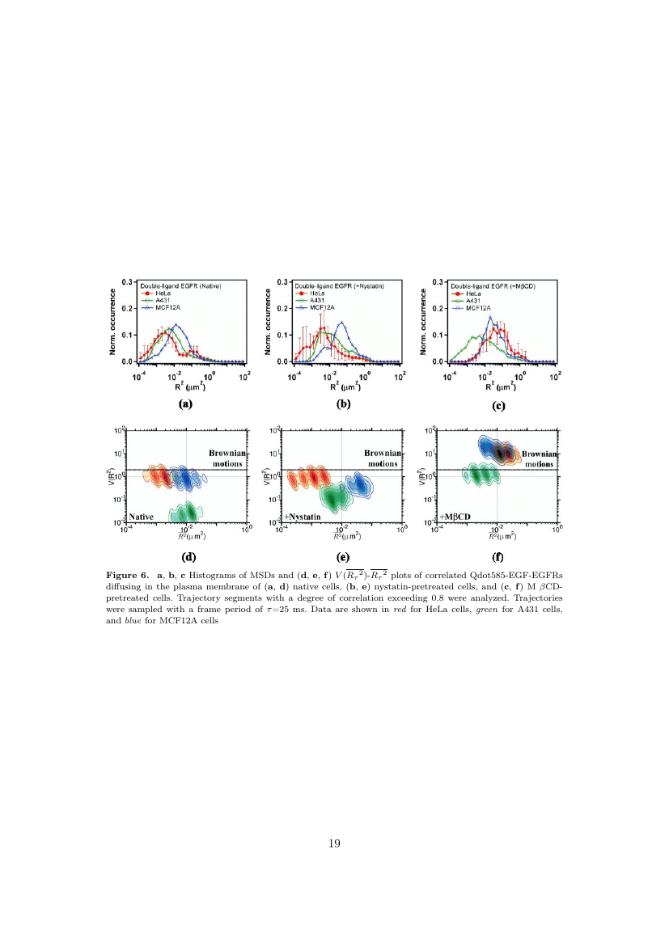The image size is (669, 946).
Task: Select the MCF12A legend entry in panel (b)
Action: pyautogui.click(x=316, y=307)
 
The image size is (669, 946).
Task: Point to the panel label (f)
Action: pyautogui.click(x=499, y=556)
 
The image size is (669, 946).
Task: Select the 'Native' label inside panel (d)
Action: pyautogui.click(x=142, y=515)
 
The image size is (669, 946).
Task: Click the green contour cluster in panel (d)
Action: pyautogui.click(x=184, y=511)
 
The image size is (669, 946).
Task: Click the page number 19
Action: pyautogui.click(x=334, y=844)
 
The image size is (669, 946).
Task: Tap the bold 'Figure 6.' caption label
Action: pyautogui.click(x=131, y=575)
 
